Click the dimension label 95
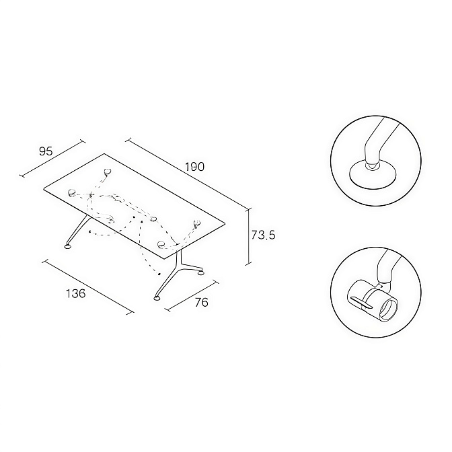click(x=46, y=151)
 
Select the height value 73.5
click(x=263, y=235)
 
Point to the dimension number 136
click(x=76, y=294)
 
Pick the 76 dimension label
click(x=202, y=303)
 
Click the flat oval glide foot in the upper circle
click(x=373, y=175)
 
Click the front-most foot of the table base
click(x=157, y=297)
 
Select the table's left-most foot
click(x=68, y=247)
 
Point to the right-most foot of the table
click(x=201, y=272)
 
